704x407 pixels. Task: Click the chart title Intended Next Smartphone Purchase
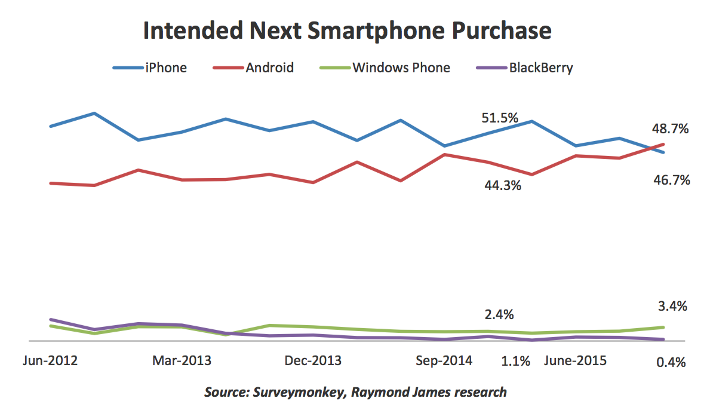(347, 31)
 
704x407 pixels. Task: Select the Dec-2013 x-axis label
(313, 360)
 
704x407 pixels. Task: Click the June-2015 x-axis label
(575, 360)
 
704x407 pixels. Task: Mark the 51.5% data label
(500, 118)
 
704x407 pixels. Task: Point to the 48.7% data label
(672, 129)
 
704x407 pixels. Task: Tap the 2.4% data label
(499, 315)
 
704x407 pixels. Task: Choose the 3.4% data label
(672, 307)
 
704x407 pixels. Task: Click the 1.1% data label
(516, 361)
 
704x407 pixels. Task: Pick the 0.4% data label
(671, 362)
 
